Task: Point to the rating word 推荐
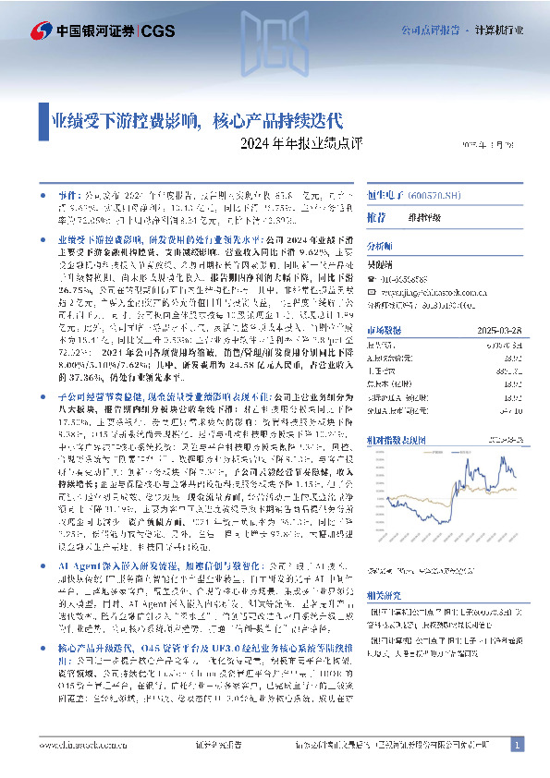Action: coord(377,217)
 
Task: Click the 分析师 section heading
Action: coord(379,248)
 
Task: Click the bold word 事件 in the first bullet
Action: coord(70,197)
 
